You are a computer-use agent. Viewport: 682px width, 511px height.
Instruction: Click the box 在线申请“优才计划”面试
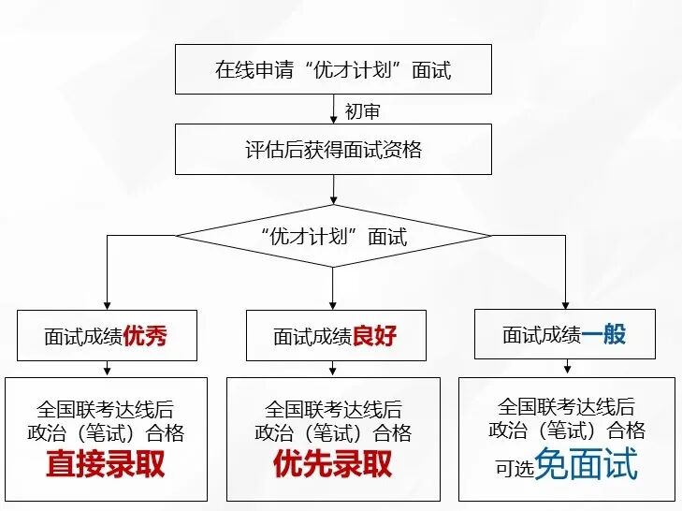tap(333, 69)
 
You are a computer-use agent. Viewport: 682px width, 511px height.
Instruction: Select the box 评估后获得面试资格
tap(333, 150)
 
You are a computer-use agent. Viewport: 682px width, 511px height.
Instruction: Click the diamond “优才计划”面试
tap(333, 236)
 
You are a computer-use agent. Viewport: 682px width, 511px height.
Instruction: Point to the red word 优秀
tap(148, 336)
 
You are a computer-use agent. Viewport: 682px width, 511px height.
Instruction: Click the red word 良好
tap(375, 336)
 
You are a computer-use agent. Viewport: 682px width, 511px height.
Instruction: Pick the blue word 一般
tap(604, 334)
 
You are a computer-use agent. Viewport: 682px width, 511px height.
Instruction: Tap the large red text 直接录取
tap(106, 464)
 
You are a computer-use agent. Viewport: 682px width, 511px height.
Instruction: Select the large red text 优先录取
tap(333, 464)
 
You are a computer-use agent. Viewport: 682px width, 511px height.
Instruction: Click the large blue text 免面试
tap(586, 463)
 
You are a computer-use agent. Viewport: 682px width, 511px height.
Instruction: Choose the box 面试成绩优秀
tap(106, 336)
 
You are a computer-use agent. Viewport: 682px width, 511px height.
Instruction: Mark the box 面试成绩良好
tap(333, 336)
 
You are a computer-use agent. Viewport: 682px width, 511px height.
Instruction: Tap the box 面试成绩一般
tap(564, 334)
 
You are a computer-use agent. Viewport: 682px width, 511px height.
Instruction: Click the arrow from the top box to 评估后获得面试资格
tap(334, 109)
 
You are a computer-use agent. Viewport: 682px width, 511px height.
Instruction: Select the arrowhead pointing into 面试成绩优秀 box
tap(107, 304)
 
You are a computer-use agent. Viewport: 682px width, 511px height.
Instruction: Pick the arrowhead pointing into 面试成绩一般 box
tap(564, 302)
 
